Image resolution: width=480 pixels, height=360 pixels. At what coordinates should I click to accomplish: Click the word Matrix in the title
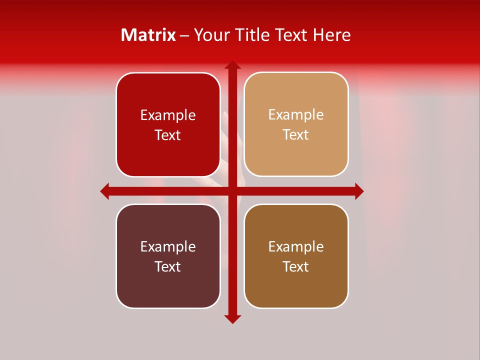click(148, 35)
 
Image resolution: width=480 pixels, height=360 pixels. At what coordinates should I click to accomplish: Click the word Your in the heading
click(211, 35)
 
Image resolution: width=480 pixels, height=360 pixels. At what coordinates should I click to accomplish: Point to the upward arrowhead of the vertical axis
click(232, 65)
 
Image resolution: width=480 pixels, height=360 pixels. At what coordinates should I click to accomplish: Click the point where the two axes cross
click(232, 191)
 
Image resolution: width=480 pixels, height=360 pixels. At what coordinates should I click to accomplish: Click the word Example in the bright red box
click(168, 115)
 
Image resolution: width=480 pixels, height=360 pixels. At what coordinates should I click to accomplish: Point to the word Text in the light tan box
click(296, 135)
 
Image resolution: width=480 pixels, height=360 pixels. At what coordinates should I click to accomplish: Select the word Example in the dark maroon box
click(168, 246)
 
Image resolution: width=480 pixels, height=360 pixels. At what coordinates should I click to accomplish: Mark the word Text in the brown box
click(296, 266)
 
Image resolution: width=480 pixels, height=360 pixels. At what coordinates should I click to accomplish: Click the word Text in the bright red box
click(168, 135)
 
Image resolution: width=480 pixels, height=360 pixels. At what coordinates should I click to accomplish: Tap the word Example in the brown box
click(296, 246)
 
